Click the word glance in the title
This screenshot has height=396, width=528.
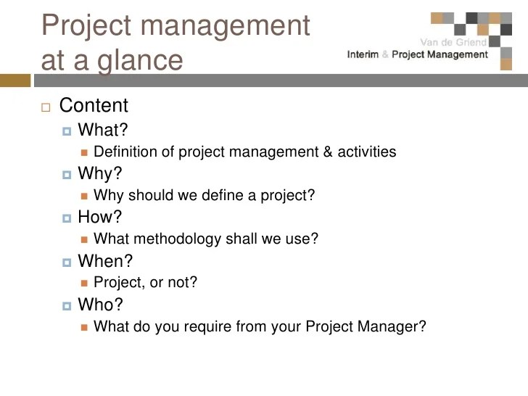coord(140,62)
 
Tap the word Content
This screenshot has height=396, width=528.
coord(94,105)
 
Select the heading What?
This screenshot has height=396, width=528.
coord(103,130)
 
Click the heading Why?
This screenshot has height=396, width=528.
coord(99,174)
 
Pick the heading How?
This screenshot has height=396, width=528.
coord(99,217)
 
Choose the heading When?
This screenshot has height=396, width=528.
coord(105,260)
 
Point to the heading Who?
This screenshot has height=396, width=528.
coord(100,305)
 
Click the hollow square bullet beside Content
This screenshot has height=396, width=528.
coord(46,107)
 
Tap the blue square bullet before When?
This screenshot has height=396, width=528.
coord(67,263)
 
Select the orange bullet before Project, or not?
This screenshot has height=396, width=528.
coord(84,283)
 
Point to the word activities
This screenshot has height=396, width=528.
coord(367,152)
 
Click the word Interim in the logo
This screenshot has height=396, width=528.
coord(363,54)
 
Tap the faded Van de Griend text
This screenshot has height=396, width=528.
coord(453,42)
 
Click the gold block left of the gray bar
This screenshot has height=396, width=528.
coord(15,81)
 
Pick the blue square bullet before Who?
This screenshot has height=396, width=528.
coord(67,306)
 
